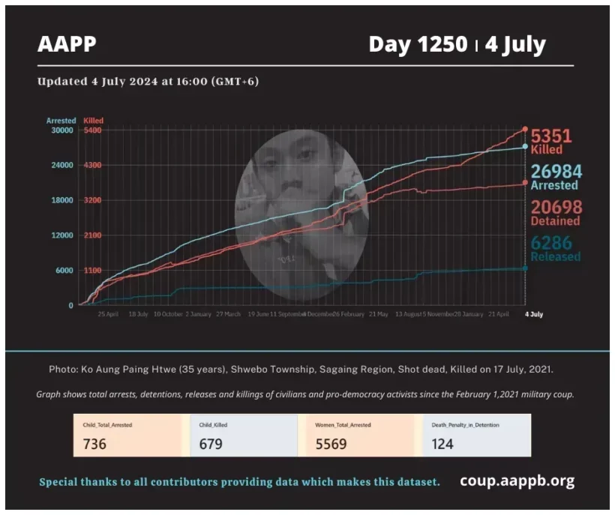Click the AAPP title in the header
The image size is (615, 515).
[x=67, y=44]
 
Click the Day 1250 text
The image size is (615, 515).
[x=418, y=44]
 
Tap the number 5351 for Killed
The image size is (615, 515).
[x=551, y=136]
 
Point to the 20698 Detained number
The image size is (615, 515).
[x=556, y=208]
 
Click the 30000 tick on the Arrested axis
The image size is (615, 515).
[x=61, y=130]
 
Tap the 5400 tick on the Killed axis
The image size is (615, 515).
[x=92, y=130]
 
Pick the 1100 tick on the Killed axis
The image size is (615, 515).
[x=92, y=271]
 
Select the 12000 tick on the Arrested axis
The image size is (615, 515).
[x=61, y=235]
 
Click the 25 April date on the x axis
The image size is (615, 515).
[x=108, y=314]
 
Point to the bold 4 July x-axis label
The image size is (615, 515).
[x=532, y=314]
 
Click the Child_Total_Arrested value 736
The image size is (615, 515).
[x=94, y=444]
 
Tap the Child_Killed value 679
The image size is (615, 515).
[x=211, y=444]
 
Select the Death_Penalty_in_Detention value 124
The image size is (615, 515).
[x=443, y=444]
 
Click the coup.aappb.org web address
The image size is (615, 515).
[x=517, y=481]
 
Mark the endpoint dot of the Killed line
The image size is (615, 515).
[x=525, y=129]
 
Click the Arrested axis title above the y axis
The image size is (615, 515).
[x=61, y=120]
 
